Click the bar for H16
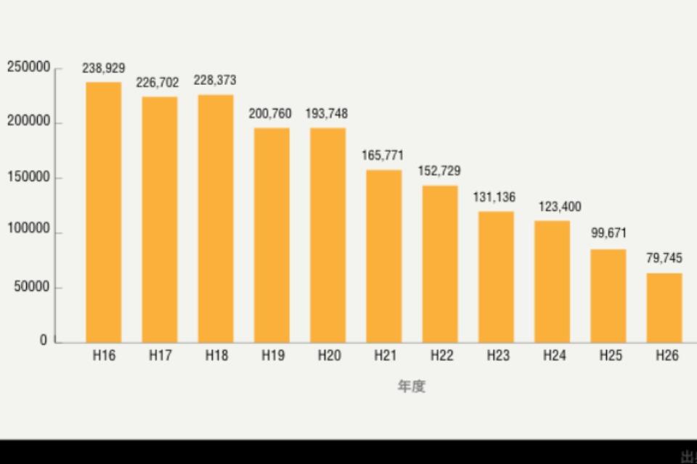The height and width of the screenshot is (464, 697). [104, 212]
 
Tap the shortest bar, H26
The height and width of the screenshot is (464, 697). [664, 307]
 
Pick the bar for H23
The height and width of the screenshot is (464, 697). [496, 276]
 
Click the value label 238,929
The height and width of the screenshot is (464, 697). [104, 68]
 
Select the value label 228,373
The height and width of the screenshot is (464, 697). [215, 80]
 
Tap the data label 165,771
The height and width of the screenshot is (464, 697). [383, 156]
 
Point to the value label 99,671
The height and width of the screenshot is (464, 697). [608, 233]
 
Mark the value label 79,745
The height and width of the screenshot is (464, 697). [664, 258]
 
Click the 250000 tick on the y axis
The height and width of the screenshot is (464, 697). [29, 67]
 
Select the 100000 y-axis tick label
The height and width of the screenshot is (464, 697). [29, 230]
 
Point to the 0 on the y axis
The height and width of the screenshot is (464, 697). [44, 341]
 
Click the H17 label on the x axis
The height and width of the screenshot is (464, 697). [160, 356]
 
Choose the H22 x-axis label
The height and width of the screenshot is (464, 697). [441, 356]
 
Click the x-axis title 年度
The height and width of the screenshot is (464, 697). [411, 386]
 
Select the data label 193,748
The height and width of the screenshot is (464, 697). [327, 114]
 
